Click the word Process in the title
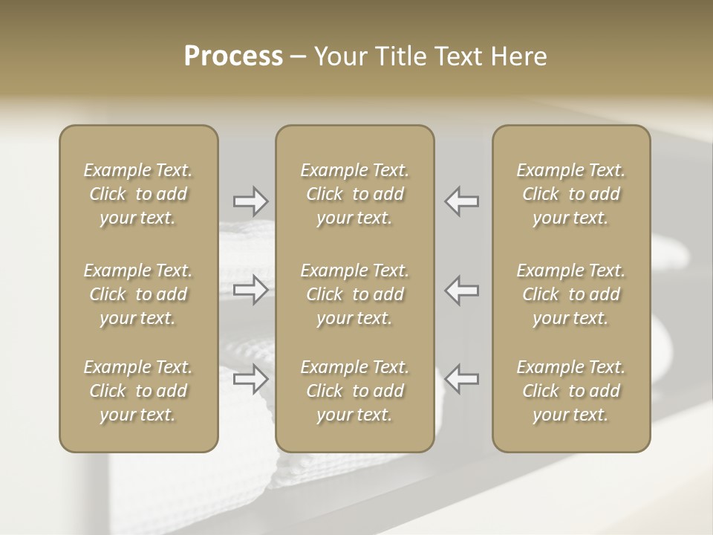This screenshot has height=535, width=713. (233, 56)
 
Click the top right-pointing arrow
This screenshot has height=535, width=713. (250, 201)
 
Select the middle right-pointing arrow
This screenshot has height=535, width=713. (250, 290)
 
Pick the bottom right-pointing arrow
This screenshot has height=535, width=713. (250, 379)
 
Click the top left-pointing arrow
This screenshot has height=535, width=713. (462, 201)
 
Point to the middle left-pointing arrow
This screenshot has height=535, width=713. (462, 290)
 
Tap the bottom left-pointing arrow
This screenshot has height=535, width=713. (462, 379)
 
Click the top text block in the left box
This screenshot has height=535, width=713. (138, 194)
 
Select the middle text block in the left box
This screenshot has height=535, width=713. (138, 294)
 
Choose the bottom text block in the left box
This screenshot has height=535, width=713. (138, 391)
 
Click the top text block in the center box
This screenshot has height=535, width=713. (354, 194)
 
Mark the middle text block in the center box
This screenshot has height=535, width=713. (354, 294)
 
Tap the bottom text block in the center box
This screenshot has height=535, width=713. (354, 391)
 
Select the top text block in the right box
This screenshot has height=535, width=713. (570, 194)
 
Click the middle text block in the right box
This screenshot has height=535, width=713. (570, 294)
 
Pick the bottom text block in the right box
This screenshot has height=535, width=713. (570, 391)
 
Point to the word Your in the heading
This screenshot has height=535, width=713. (339, 56)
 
